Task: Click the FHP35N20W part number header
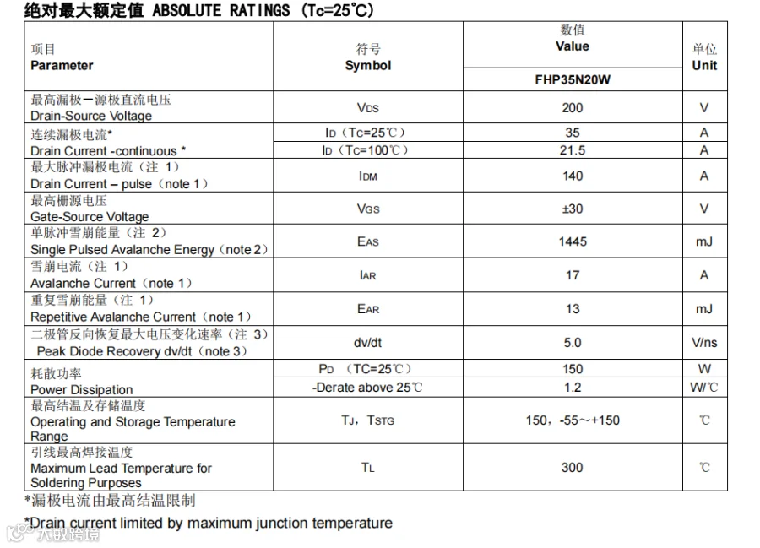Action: [572, 80]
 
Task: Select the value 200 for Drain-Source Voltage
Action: [572, 108]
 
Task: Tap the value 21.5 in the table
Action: [572, 150]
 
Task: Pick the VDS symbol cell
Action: [368, 108]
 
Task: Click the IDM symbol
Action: [368, 176]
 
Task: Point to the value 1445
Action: [572, 241]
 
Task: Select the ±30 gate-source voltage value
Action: [572, 209]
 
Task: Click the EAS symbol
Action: [368, 242]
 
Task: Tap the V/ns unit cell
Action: [704, 342]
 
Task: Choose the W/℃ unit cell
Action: [704, 388]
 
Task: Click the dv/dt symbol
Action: [368, 342]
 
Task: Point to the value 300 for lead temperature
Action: [572, 467]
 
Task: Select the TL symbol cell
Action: [368, 468]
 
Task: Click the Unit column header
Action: [704, 57]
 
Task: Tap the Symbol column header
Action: [368, 57]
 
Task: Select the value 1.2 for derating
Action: [572, 388]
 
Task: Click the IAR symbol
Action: [368, 275]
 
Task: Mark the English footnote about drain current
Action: [209, 523]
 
